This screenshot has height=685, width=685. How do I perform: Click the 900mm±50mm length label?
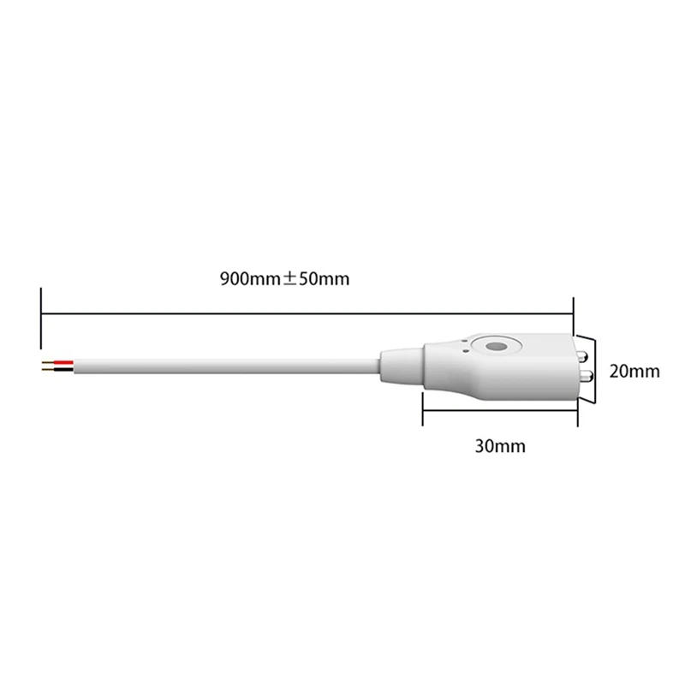[x=285, y=279]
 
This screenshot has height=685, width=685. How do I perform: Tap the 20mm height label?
[x=634, y=372]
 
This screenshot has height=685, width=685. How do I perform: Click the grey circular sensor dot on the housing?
[x=496, y=347]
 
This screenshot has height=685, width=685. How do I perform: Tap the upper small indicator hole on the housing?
[x=465, y=341]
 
